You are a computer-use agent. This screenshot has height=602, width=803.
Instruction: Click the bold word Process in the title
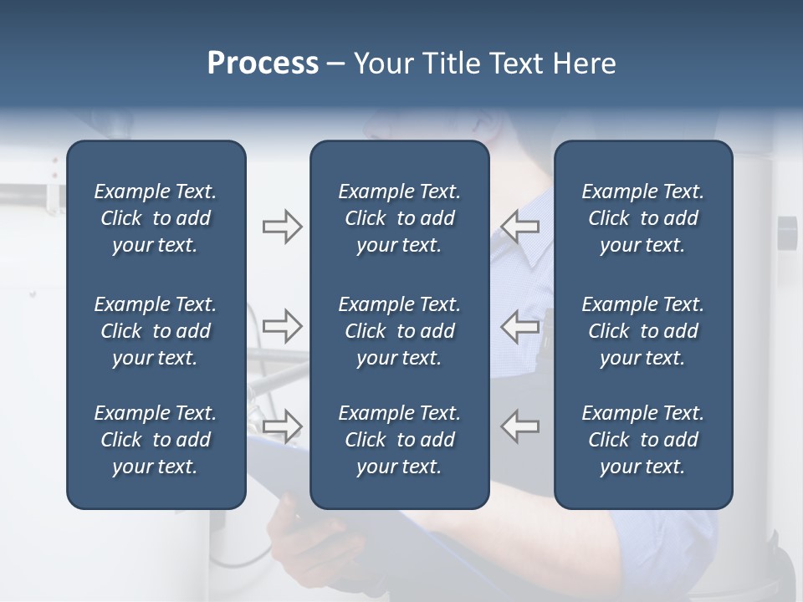pos(263,64)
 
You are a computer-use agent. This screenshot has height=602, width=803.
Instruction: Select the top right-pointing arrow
pos(282,226)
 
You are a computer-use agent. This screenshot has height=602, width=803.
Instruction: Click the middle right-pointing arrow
pos(282,326)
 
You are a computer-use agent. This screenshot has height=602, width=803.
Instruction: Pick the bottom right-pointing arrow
pos(282,426)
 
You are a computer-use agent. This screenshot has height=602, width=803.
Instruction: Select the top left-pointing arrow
pos(520,226)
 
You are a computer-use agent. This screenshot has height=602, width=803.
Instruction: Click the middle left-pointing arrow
pos(520,326)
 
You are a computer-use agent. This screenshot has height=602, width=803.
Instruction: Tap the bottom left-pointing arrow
pos(520,426)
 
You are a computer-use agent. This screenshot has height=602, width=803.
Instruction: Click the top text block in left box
pos(156,218)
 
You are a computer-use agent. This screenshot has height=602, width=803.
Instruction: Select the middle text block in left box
pos(156,331)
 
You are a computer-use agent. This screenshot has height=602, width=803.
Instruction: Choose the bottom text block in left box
pos(156,440)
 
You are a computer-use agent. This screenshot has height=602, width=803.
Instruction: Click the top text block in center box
pos(399,218)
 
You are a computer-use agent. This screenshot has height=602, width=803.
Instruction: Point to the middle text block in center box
pos(399,331)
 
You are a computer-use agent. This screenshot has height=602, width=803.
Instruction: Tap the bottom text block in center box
pos(399,440)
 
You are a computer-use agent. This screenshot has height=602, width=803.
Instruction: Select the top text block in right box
pos(642,218)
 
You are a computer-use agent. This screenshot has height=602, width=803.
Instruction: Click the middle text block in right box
pos(642,331)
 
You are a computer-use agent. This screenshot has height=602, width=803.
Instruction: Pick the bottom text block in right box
pos(642,440)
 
